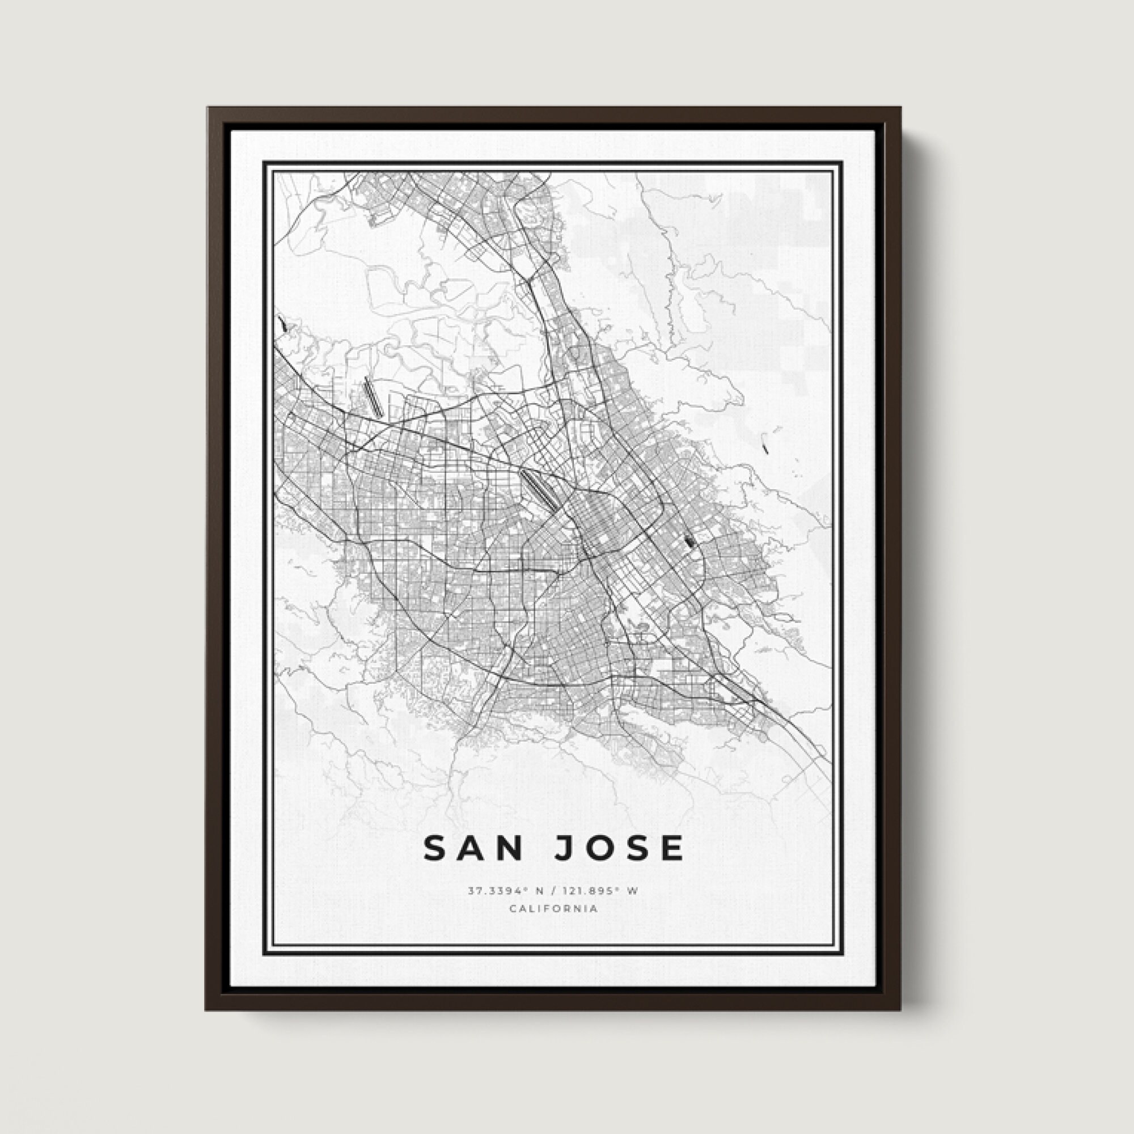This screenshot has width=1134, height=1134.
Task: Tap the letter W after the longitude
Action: [x=632, y=891]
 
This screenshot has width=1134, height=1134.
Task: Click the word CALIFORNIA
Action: [x=553, y=908]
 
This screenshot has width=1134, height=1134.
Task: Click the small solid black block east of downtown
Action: [x=689, y=538]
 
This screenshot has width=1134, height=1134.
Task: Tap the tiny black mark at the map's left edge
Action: [x=283, y=322]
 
